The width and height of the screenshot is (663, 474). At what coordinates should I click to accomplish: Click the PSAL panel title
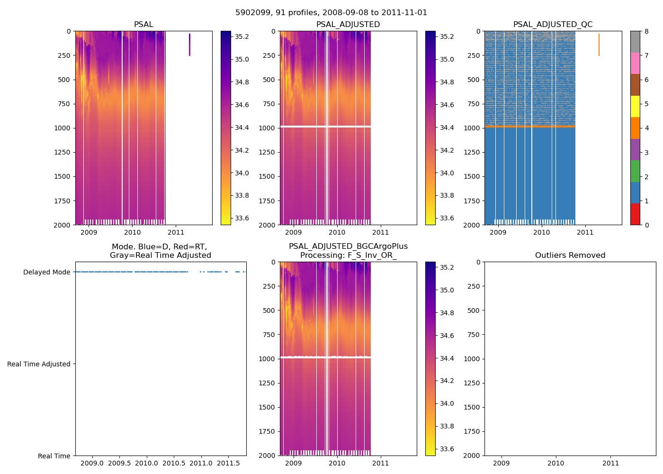point(143,25)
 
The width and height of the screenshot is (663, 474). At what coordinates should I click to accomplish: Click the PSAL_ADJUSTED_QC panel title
point(553,25)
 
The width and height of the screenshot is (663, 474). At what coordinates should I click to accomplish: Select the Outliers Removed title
point(570,255)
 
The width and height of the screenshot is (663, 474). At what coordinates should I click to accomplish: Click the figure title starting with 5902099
point(331,13)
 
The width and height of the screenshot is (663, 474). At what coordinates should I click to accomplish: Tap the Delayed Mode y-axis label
point(46,272)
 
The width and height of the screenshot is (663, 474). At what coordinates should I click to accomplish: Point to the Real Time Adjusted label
point(39,364)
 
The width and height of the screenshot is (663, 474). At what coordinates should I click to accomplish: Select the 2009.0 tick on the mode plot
point(92,463)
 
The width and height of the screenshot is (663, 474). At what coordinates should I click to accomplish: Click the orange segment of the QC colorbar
point(635,128)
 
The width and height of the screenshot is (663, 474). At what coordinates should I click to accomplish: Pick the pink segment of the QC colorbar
point(635,64)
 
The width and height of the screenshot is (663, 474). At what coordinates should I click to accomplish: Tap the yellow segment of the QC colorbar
point(635,107)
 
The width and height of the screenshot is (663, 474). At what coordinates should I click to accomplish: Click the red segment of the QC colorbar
point(635,214)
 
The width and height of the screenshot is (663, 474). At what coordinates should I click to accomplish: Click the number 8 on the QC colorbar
point(646,31)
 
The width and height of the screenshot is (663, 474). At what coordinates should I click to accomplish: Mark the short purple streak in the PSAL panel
point(189,45)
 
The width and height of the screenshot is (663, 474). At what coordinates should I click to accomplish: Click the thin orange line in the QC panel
point(599,45)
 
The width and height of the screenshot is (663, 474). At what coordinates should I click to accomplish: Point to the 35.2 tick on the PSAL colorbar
point(242,36)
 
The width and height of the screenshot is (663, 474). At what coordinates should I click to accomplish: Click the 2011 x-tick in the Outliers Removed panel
point(610,463)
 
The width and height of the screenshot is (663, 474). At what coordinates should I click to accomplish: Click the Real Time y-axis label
point(54,456)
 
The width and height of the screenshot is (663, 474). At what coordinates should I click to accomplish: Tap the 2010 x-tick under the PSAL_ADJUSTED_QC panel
point(541,232)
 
